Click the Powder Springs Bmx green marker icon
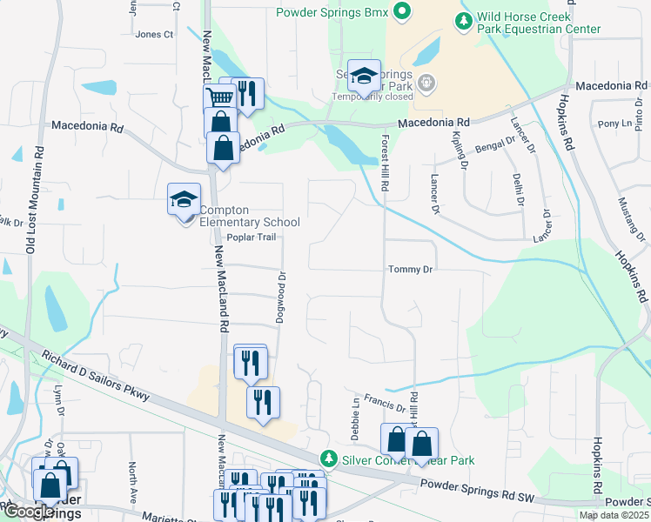401,12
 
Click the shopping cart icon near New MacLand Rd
220,97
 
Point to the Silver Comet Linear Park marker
328,458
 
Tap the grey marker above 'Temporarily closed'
426,83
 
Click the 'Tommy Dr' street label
410,270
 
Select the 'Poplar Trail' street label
251,238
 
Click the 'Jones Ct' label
155,35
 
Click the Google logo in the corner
29,512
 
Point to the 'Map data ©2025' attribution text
614,515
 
